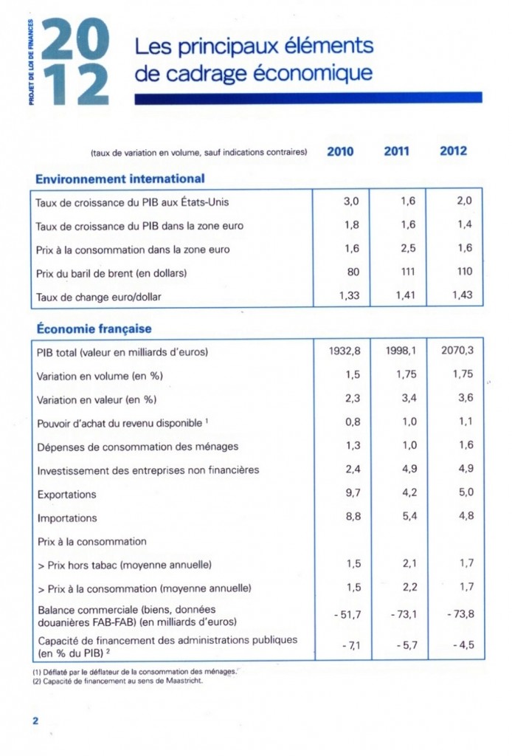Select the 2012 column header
coord(453,151)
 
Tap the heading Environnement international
coord(120,178)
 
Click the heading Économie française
coord(94,329)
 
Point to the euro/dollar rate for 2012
coord(460,296)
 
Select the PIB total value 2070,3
coord(457,351)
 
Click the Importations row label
coord(67,518)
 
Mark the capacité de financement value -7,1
coord(350,646)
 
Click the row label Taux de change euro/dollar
coord(98,297)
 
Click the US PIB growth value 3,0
coord(351,201)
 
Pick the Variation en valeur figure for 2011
coord(408,399)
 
